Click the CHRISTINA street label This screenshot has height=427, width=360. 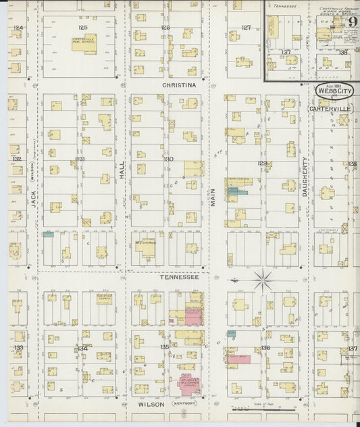coord(179,85)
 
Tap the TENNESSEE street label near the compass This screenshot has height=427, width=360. coord(179,276)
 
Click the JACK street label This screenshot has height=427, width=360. coord(32,199)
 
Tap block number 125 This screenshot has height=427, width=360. coord(83,28)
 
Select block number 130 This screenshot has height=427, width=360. coord(168,159)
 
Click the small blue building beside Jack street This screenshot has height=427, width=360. coord(49,235)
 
